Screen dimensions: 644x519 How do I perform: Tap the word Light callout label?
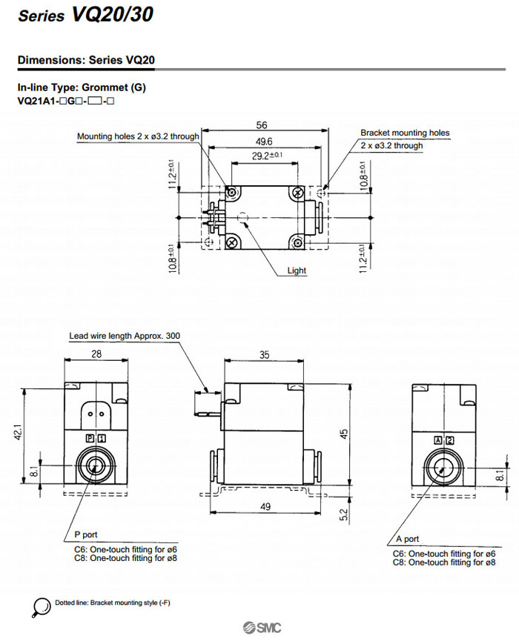297,271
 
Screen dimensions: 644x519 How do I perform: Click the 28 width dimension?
96,355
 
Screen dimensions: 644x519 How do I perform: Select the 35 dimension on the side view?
265,355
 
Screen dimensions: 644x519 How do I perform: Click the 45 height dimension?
344,434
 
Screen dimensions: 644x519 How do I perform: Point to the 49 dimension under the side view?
265,507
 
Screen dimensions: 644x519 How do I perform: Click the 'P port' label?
85,534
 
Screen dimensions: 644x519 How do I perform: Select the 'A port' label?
406,539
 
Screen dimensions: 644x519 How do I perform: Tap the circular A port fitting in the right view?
440,468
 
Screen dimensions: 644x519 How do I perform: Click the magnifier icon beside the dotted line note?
42,606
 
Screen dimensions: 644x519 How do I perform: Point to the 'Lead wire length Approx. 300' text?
125,336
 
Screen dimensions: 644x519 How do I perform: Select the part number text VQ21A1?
37,100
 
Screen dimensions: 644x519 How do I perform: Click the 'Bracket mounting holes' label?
405,133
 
